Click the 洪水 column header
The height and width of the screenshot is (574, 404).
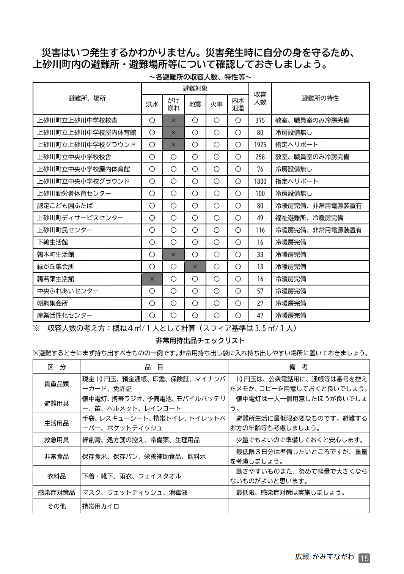[x=152, y=104]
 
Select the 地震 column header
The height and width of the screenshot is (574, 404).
[x=195, y=104]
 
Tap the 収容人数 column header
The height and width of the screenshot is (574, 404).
[x=260, y=98]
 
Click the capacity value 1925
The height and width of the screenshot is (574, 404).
[x=260, y=145]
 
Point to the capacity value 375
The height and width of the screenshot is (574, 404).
[x=260, y=120]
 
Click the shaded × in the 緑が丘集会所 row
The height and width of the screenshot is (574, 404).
[x=195, y=266]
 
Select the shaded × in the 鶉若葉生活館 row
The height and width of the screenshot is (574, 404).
[x=152, y=279]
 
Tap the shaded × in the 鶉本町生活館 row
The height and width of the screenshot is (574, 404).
[x=173, y=254]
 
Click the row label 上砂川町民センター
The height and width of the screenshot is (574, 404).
[x=65, y=230]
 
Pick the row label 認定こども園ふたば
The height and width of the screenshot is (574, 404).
[x=65, y=206]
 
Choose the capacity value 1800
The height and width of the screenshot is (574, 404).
[x=260, y=181]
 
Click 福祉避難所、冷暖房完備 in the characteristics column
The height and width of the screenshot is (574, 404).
[x=309, y=218]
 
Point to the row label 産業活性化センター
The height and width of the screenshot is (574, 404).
[x=65, y=315]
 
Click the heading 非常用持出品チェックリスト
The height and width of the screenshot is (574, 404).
[x=200, y=341]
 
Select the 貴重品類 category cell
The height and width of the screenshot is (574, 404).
[x=57, y=383]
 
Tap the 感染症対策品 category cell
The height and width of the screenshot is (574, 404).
[x=57, y=492]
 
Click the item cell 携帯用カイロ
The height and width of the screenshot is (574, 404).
[x=101, y=506]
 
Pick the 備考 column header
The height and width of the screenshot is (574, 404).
[x=299, y=367]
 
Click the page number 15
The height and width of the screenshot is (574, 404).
[x=364, y=558]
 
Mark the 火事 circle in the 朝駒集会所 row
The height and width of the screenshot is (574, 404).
[x=217, y=303]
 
